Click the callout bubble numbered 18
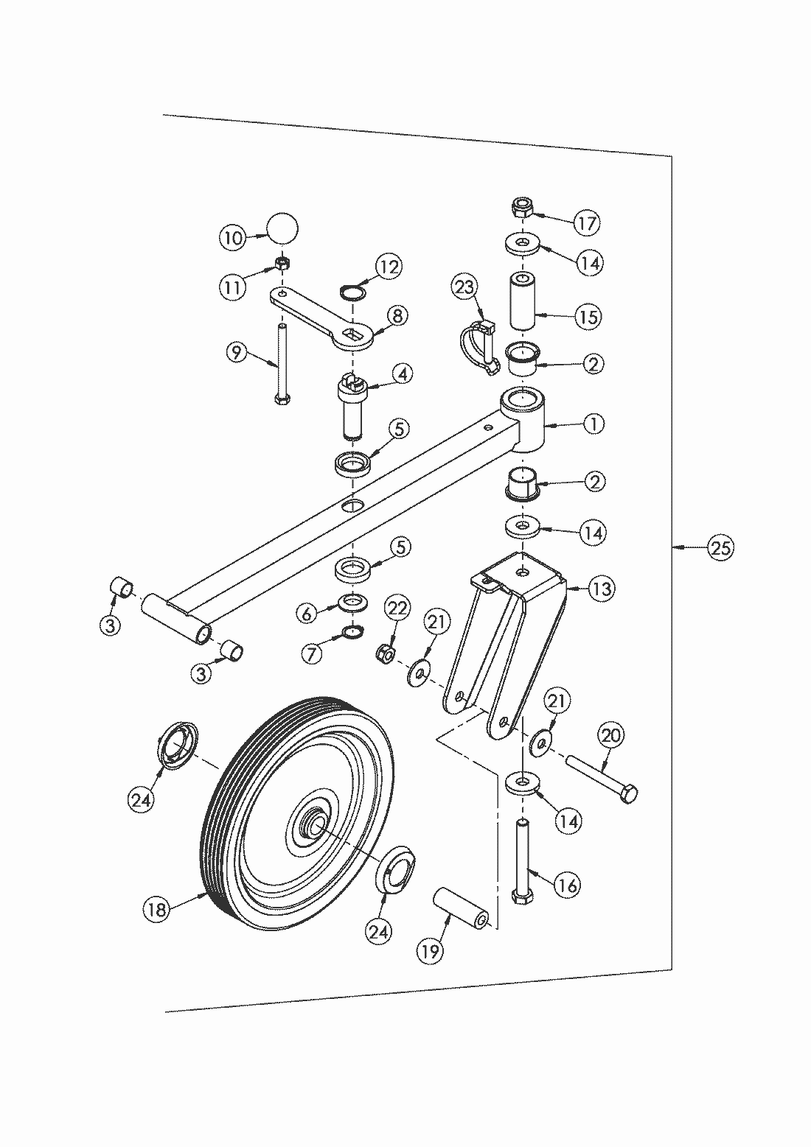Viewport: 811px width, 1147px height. [156, 909]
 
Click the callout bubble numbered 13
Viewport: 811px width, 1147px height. [602, 589]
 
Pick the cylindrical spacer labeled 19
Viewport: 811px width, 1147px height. [461, 907]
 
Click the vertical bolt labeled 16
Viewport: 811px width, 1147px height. [522, 857]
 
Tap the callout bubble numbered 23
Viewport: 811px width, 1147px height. [466, 287]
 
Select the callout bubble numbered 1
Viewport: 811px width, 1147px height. [593, 424]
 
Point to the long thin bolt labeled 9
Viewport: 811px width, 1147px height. [280, 362]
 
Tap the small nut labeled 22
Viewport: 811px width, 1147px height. [385, 652]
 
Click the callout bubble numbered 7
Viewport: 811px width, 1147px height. [311, 652]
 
